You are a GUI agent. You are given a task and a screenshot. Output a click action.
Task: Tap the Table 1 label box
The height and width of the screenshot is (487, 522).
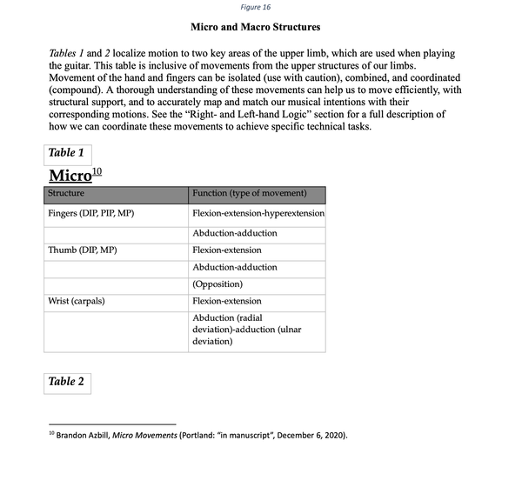pyautogui.click(x=67, y=154)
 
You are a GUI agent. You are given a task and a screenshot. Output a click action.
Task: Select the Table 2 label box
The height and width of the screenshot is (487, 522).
pyautogui.click(x=67, y=382)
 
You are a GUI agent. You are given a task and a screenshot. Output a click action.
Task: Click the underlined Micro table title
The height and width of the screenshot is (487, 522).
pyautogui.click(x=70, y=175)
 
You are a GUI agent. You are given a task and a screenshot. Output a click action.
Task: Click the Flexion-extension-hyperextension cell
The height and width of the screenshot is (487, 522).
pyautogui.click(x=258, y=214)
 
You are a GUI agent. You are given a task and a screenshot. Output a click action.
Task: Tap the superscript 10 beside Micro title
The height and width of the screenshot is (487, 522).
pyautogui.click(x=97, y=171)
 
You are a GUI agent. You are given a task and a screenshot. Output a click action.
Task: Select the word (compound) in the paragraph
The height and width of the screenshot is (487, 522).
pyautogui.click(x=80, y=90)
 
